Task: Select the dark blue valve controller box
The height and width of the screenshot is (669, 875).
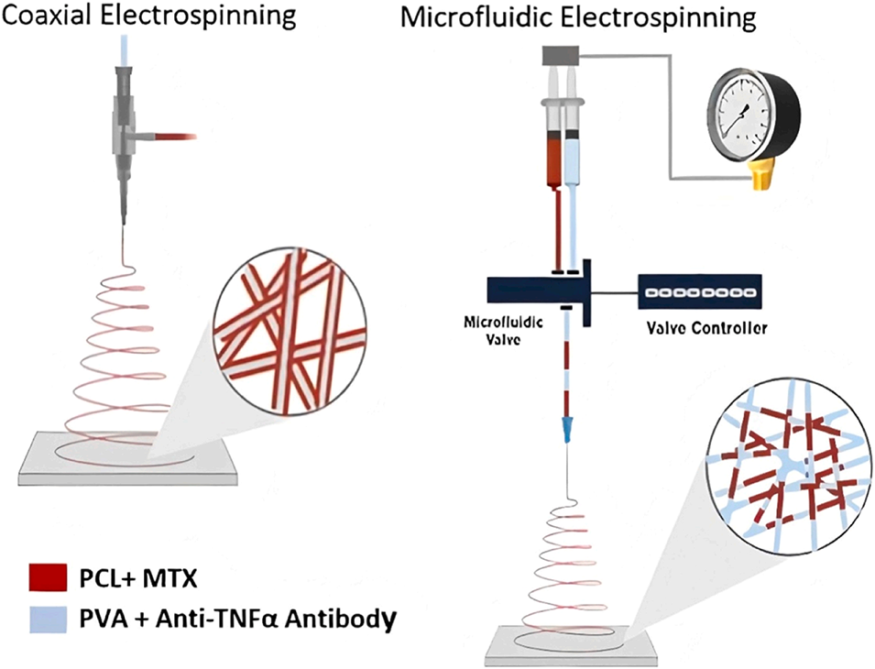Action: click(701, 292)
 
